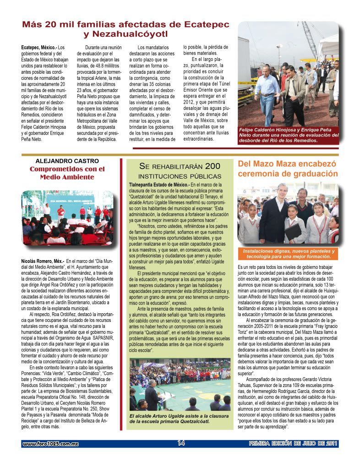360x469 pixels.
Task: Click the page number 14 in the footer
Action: point(180,443)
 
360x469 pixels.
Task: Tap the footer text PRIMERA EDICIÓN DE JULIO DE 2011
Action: point(294,443)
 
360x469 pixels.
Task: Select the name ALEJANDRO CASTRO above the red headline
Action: point(67,161)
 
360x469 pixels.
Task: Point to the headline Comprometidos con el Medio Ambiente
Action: point(67,173)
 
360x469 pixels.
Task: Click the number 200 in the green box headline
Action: point(212,166)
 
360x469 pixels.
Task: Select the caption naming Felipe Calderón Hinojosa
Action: point(289,135)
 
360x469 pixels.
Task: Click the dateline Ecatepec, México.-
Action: point(39,47)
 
